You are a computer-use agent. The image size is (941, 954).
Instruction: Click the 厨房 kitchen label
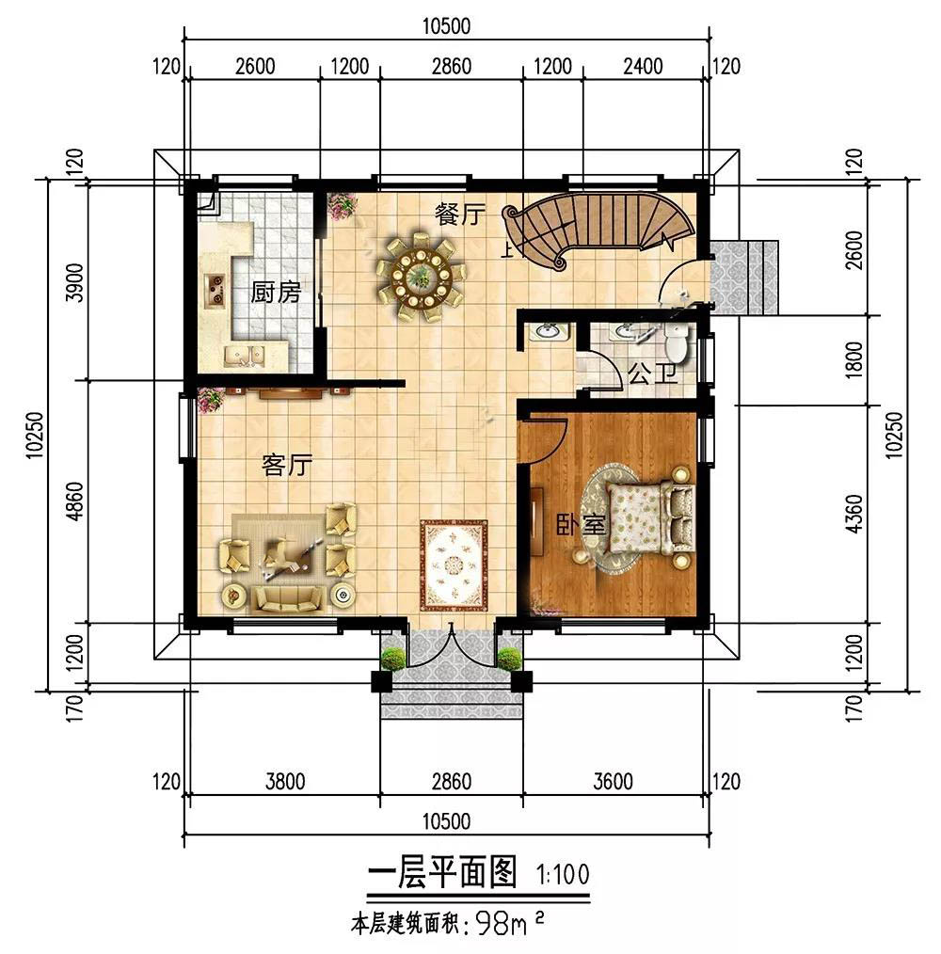(276, 293)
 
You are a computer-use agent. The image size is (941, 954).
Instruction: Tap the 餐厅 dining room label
(460, 215)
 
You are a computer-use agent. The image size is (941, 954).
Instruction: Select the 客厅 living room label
(287, 466)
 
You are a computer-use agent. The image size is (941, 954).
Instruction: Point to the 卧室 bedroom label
(581, 525)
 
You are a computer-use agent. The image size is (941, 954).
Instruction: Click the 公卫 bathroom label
(652, 374)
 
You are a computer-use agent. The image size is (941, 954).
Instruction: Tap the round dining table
(421, 278)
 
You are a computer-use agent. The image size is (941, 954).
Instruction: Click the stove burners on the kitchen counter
(215, 290)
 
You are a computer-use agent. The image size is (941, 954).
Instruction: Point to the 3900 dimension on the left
(75, 282)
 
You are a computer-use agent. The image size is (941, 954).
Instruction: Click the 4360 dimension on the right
(854, 515)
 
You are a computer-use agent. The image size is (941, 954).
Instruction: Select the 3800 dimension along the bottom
(285, 781)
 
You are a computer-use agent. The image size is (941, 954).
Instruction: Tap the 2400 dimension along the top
(643, 66)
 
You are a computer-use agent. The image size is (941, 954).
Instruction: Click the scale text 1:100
(563, 875)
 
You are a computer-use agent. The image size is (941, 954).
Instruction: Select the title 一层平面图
(442, 872)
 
